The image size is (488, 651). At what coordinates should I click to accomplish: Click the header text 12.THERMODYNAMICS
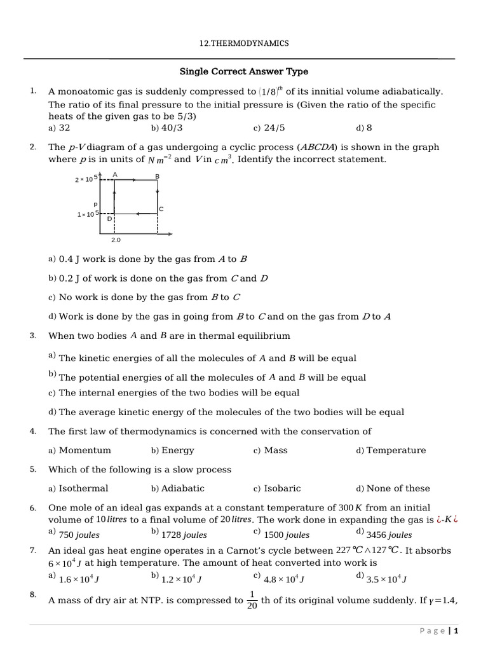[x=244, y=43]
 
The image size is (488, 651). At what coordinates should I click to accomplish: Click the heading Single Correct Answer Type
[x=244, y=71]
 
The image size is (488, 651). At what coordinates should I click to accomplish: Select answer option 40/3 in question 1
[x=172, y=128]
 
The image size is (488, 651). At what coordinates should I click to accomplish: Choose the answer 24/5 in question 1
[x=273, y=128]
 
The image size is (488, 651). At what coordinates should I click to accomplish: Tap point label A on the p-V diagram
[x=114, y=174]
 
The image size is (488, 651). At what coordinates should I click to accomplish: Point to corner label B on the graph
[x=158, y=175]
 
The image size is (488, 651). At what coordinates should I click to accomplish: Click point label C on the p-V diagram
[x=161, y=209]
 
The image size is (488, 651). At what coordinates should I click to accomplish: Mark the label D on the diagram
[x=109, y=219]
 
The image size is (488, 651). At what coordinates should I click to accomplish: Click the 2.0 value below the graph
[x=116, y=240]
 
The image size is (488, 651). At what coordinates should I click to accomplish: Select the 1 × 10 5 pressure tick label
[x=86, y=214]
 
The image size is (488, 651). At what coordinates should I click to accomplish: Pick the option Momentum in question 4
[x=85, y=450]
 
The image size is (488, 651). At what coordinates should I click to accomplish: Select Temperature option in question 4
[x=396, y=450]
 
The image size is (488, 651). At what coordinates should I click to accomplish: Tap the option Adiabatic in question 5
[x=183, y=488]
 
